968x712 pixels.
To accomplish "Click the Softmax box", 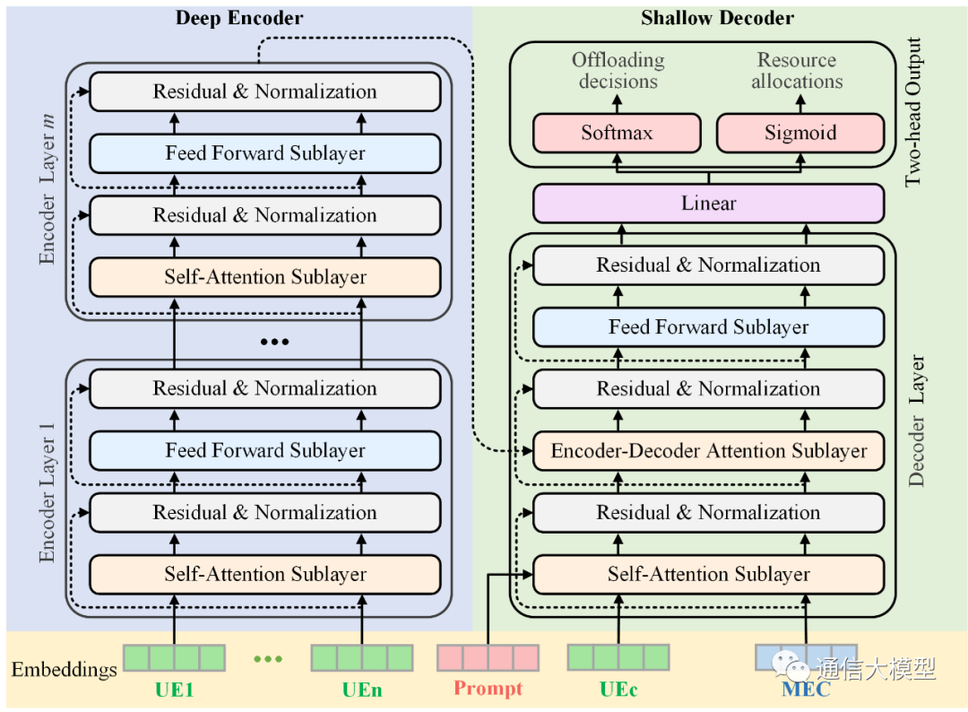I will pos(617,134).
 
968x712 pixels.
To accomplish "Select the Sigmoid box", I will pos(799,134).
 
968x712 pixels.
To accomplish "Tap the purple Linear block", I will pos(708,204).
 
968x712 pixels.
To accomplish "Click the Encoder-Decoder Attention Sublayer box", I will pos(708,451).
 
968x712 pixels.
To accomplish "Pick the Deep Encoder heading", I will pos(239,18).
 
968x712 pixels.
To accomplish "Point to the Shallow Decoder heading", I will pos(717,18).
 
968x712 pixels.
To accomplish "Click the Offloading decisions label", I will pos(618,71).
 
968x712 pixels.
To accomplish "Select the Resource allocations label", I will pos(797,71).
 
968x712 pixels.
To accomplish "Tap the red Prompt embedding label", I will pos(488,690).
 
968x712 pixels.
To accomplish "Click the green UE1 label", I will pos(174,690).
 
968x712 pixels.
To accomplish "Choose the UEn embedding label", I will pos(361,690).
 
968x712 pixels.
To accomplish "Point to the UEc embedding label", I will pos(618,690).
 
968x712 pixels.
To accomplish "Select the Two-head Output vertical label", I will pos(913,112).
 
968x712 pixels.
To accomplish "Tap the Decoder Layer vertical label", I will pos(917,421).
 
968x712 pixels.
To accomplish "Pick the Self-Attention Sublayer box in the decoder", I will pos(708,575).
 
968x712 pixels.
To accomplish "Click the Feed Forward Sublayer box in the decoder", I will pos(708,327).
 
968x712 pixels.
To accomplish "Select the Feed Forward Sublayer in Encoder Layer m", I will pos(264,153).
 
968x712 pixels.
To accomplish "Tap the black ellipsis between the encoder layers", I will pos(273,343).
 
